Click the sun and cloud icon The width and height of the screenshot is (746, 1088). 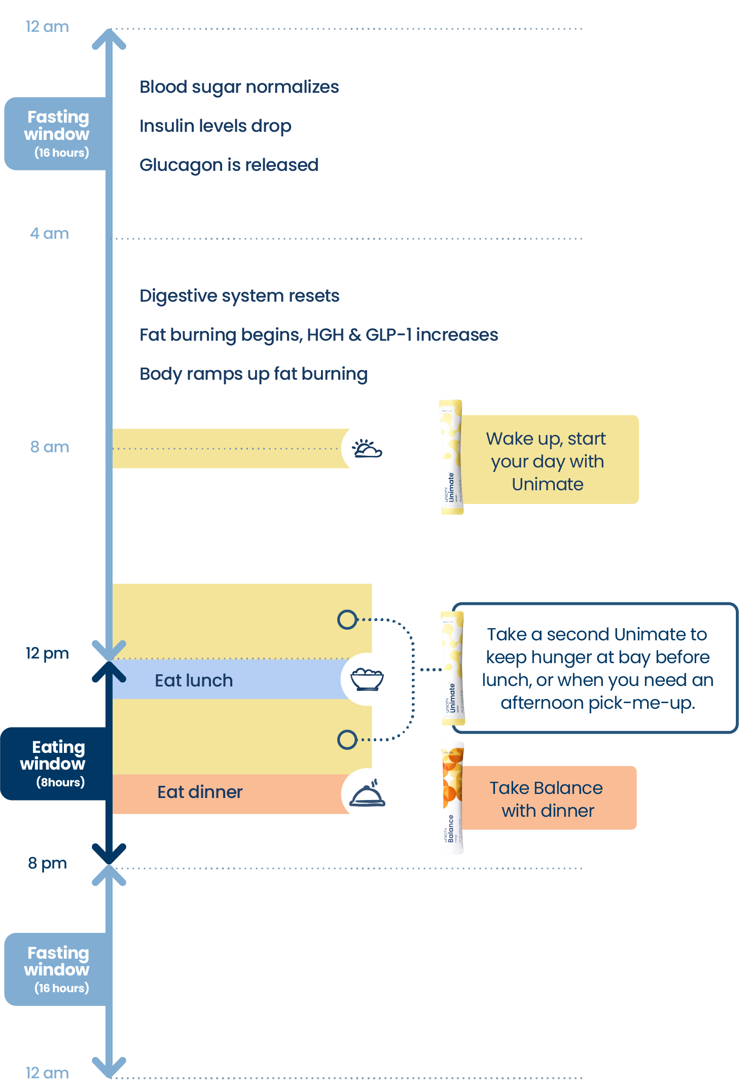tap(368, 449)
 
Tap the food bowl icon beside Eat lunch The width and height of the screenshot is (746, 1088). tap(368, 679)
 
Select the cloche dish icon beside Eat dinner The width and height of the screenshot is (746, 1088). tap(368, 793)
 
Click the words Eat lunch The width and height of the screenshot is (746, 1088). tap(194, 680)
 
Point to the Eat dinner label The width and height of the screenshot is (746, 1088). tap(200, 792)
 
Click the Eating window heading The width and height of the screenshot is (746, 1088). tap(53, 755)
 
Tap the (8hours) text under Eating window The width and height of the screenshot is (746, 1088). tap(60, 782)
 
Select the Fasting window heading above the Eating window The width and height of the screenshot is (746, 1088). tap(57, 125)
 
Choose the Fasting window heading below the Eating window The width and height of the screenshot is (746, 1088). tap(57, 961)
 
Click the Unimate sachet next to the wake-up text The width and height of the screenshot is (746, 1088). tap(451, 459)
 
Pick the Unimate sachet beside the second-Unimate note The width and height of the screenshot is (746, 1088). tap(452, 669)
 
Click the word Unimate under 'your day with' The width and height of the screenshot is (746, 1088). tap(548, 484)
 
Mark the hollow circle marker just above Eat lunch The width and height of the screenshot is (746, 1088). tap(347, 620)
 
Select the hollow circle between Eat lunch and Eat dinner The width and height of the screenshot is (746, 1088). tap(347, 740)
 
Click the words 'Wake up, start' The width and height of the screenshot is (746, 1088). tap(546, 439)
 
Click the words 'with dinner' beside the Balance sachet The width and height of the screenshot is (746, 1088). tap(548, 811)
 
